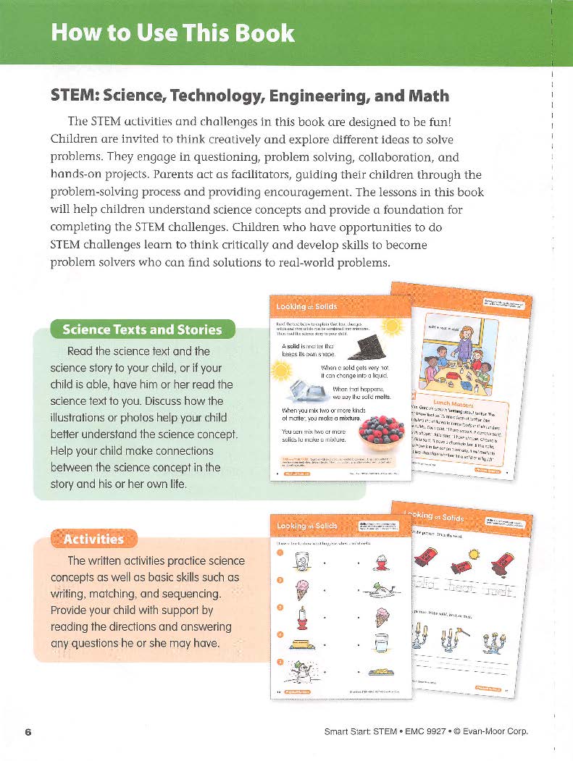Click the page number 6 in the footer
click(x=28, y=731)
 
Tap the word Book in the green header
click(x=266, y=33)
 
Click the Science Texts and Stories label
click(x=141, y=329)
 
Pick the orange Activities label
click(x=93, y=539)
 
